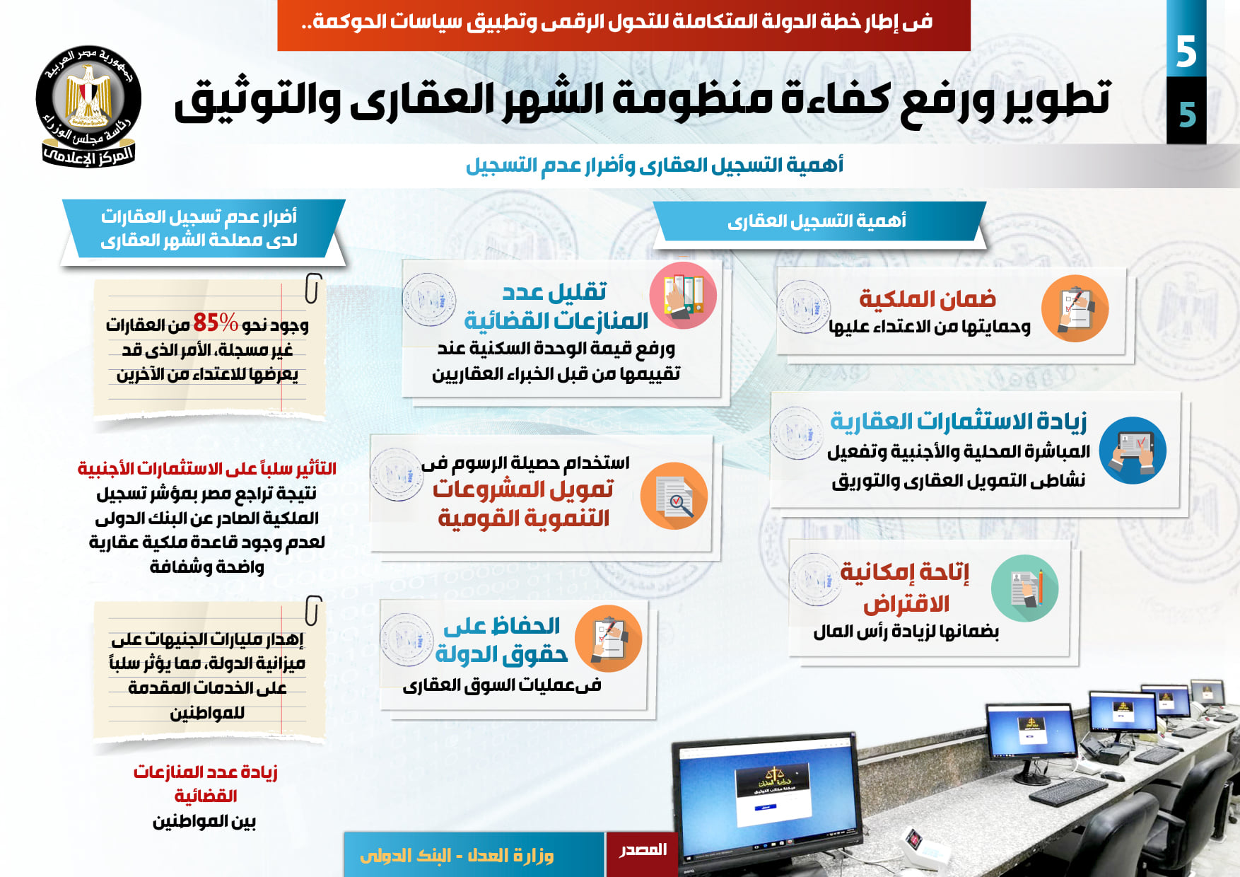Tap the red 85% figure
click(x=216, y=323)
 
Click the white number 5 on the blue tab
click(x=1186, y=52)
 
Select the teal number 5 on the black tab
click(x=1187, y=114)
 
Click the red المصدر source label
click(x=643, y=849)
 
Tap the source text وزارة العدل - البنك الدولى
click(x=457, y=856)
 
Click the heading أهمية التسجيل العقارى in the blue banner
click(x=817, y=221)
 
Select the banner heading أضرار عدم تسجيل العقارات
click(x=199, y=216)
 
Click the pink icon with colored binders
click(x=683, y=295)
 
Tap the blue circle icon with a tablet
click(x=1133, y=451)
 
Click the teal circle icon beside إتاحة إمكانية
click(x=1024, y=588)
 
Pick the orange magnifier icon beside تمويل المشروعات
click(x=674, y=496)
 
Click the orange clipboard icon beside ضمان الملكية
click(x=1075, y=308)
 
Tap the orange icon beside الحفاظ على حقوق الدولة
click(x=608, y=639)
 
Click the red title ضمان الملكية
click(x=928, y=298)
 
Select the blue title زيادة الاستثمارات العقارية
click(x=959, y=421)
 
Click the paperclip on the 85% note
click(x=312, y=288)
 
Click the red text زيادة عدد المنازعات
click(x=205, y=772)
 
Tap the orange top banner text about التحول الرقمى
click(x=617, y=22)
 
